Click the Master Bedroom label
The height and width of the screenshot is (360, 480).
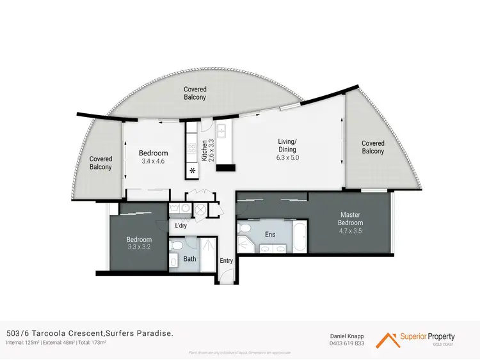[x=350, y=219]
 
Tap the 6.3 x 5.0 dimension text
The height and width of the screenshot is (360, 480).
[x=287, y=157]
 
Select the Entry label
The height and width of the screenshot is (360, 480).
[x=227, y=260]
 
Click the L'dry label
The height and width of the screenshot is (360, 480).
[x=181, y=225]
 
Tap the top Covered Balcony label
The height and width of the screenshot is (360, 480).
[x=195, y=93]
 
